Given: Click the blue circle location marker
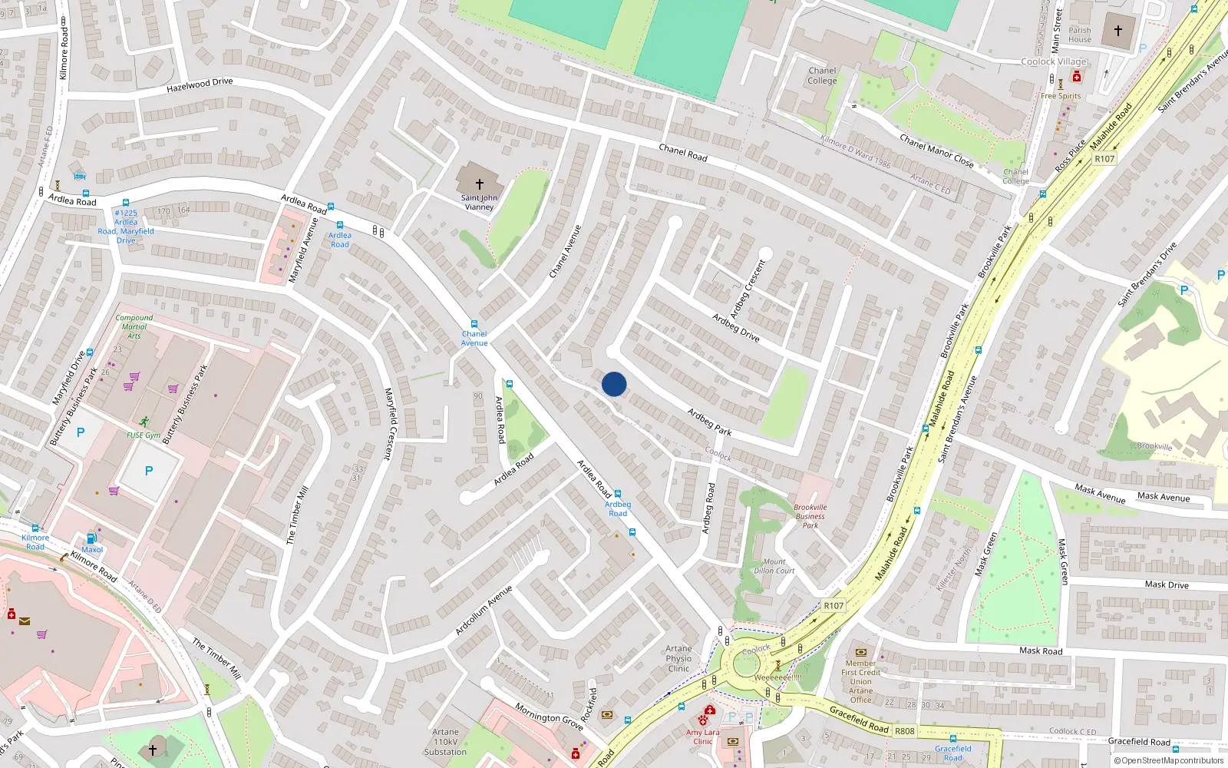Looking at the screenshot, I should pos(614,384).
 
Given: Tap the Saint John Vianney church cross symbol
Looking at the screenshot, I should pos(480,184).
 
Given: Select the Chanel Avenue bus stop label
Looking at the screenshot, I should pos(474,339).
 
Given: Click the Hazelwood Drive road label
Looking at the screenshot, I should pos(200,85).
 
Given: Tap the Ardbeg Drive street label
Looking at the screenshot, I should pos(735,328).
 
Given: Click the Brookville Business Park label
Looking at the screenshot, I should pos(810,516).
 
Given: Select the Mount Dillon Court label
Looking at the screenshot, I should pos(774,566).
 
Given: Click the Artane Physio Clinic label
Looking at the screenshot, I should pos(678,658).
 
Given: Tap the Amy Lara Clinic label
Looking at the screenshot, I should pos(703,737).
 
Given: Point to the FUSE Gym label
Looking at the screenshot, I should pos(144,435).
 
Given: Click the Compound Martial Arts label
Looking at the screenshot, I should pos(134,326).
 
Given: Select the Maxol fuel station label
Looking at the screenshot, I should pos(92,549).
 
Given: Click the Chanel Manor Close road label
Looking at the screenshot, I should pos(936,151).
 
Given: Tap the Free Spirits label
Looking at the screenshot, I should pos(1061,96).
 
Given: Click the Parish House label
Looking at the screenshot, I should pos(1079,35).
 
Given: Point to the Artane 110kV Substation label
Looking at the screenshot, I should pos(445,742).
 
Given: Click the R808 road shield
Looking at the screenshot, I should pos(905,730).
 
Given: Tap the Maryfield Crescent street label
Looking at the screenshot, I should pos(388,424).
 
